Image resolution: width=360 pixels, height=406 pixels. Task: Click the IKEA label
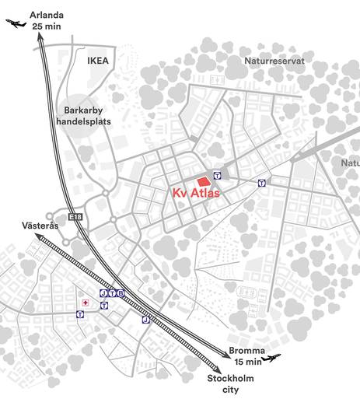[x=100, y=59]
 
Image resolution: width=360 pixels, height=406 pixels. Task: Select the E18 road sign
[x=75, y=217]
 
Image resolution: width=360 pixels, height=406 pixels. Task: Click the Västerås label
[x=39, y=226]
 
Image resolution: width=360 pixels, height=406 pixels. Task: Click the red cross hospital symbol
[x=86, y=300]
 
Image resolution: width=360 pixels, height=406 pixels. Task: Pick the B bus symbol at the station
[x=121, y=292]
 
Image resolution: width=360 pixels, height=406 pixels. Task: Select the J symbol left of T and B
[x=103, y=292]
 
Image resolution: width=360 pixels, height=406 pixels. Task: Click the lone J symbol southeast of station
[x=145, y=320]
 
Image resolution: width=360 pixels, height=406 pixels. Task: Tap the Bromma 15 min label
[x=246, y=355]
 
